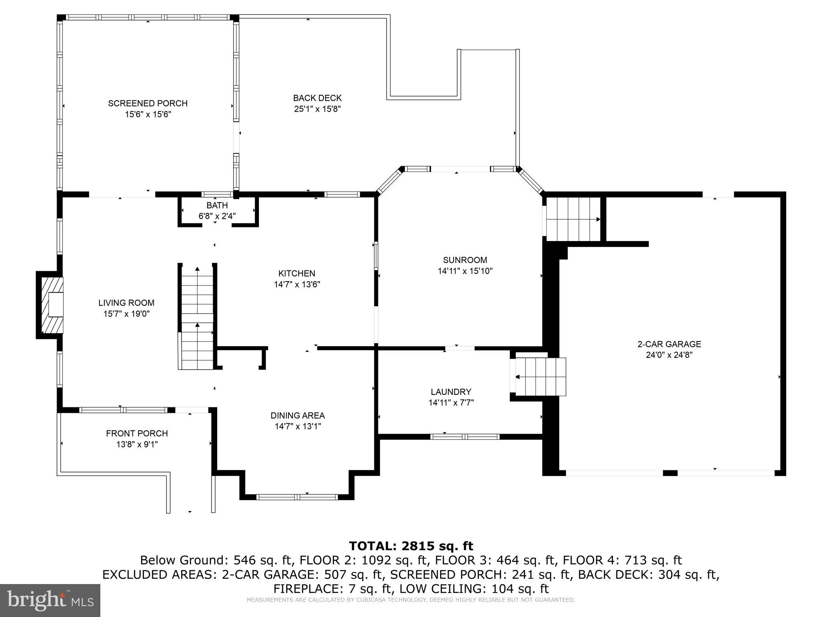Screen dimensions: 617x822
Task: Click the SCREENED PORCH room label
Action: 148,103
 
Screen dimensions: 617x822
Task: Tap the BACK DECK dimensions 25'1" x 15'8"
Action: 317,109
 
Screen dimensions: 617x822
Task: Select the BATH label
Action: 217,205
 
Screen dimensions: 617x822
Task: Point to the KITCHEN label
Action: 297,274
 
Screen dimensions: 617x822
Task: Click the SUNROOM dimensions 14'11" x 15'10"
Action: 465,271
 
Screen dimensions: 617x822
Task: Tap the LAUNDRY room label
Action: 451,392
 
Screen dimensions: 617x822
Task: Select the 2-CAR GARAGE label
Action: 669,344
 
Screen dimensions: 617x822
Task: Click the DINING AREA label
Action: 297,415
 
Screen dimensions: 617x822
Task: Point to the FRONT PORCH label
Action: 137,433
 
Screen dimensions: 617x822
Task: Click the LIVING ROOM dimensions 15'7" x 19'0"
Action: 126,314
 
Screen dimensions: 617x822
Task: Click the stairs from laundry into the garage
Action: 540,377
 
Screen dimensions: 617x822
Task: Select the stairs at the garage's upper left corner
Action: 573,219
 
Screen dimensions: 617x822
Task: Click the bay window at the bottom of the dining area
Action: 297,497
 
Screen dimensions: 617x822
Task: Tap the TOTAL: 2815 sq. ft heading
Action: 411,546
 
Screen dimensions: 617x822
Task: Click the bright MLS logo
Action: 50,600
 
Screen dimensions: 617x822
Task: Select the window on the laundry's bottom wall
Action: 465,437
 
